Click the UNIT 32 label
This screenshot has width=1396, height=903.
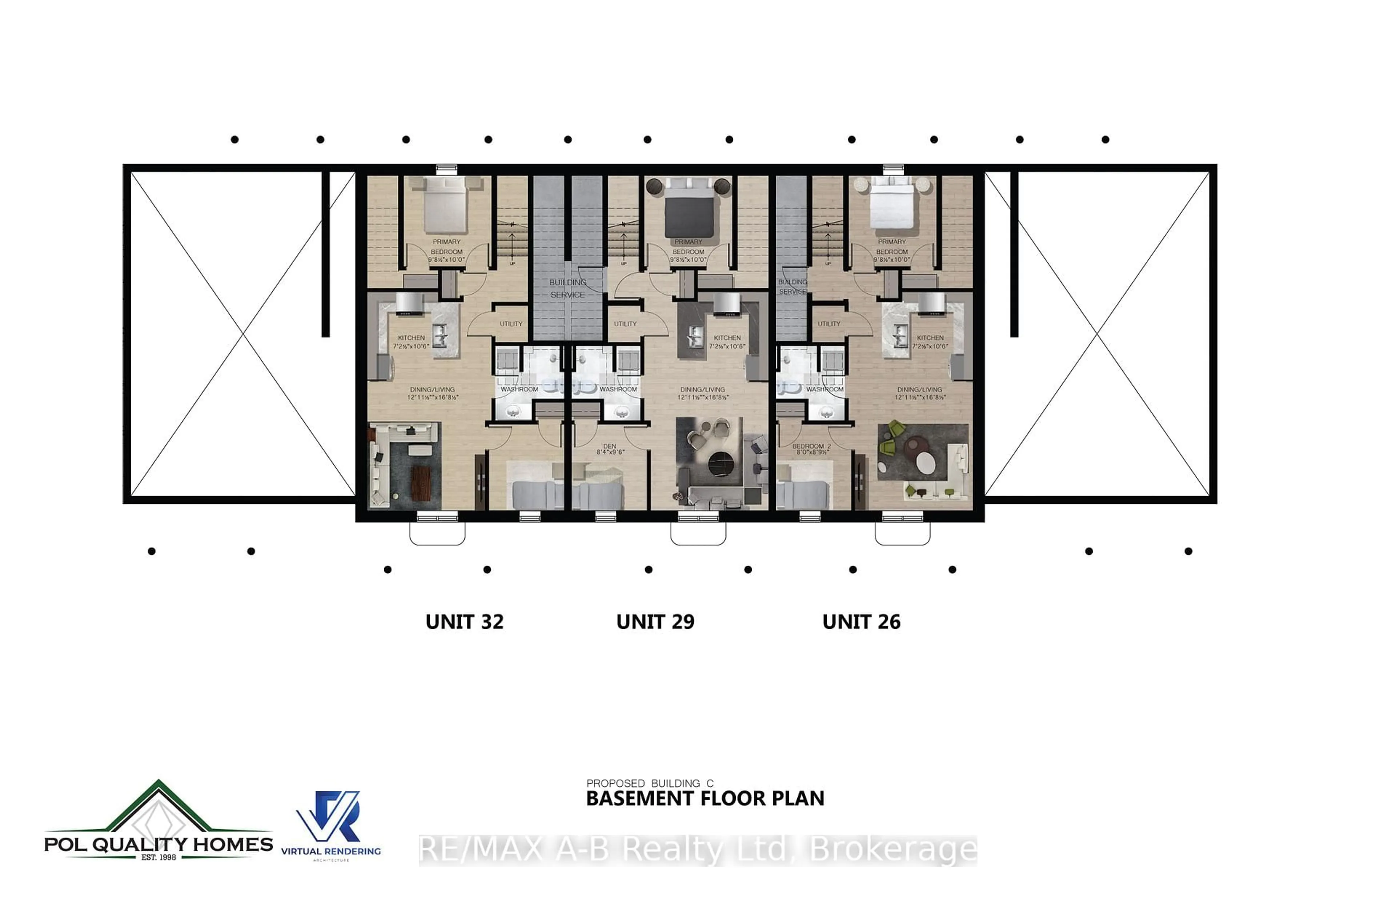pyautogui.click(x=464, y=622)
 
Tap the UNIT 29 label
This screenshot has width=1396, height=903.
pyautogui.click(x=655, y=622)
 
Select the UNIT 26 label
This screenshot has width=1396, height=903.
pyautogui.click(x=861, y=622)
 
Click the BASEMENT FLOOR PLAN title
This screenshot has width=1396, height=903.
pyautogui.click(x=705, y=799)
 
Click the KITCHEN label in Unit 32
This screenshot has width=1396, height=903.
pyautogui.click(x=411, y=342)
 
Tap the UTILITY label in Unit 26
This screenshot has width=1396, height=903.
pyautogui.click(x=829, y=324)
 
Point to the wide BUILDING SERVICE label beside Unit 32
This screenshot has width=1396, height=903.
pyautogui.click(x=567, y=289)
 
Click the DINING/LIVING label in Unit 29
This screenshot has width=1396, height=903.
pyautogui.click(x=702, y=393)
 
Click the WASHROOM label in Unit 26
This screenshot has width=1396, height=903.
pyautogui.click(x=825, y=389)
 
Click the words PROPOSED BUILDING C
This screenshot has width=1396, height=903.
pyautogui.click(x=650, y=783)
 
